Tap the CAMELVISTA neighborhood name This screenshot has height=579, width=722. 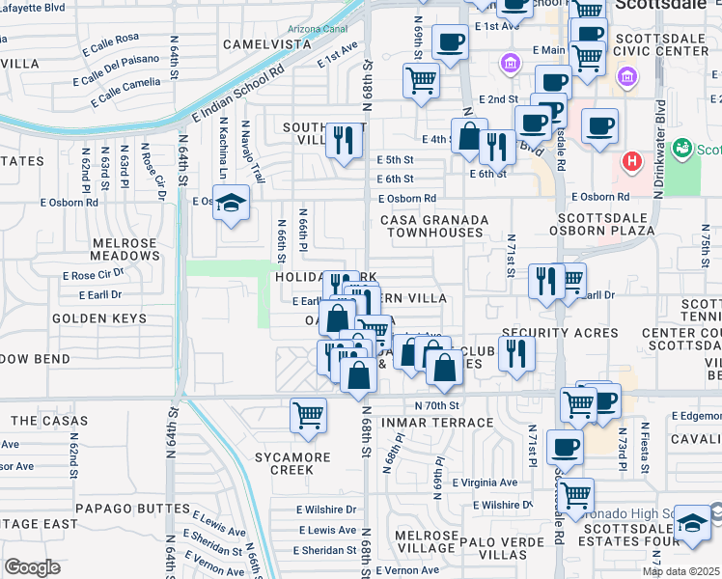tap(267, 44)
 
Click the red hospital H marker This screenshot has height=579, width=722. tap(631, 161)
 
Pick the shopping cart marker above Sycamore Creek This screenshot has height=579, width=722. tap(308, 416)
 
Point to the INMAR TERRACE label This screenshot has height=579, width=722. tap(440, 423)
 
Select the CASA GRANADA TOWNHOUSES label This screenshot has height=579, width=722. tap(431, 226)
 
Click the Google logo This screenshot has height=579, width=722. tap(32, 566)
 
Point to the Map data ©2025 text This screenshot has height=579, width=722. tap(680, 571)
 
